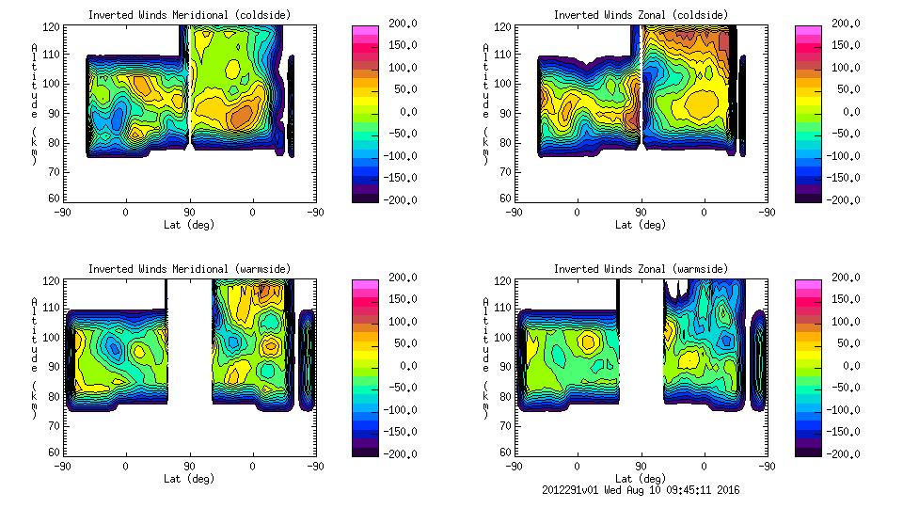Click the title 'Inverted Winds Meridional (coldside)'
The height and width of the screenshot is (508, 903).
click(x=189, y=15)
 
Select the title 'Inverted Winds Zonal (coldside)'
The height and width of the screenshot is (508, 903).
click(x=641, y=15)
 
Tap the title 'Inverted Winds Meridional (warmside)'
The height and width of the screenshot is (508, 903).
click(x=189, y=269)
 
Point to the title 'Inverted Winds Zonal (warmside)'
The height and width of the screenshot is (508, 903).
click(x=641, y=269)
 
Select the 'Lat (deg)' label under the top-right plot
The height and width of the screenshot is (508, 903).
click(x=641, y=225)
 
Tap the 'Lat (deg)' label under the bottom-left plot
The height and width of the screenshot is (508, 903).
click(x=189, y=479)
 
